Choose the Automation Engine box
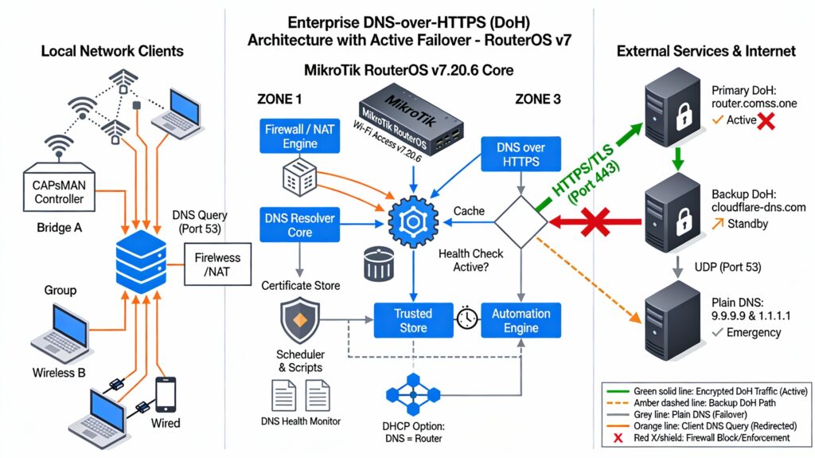click(x=521, y=320)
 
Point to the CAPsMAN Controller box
click(x=60, y=191)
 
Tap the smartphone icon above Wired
click(x=166, y=394)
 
